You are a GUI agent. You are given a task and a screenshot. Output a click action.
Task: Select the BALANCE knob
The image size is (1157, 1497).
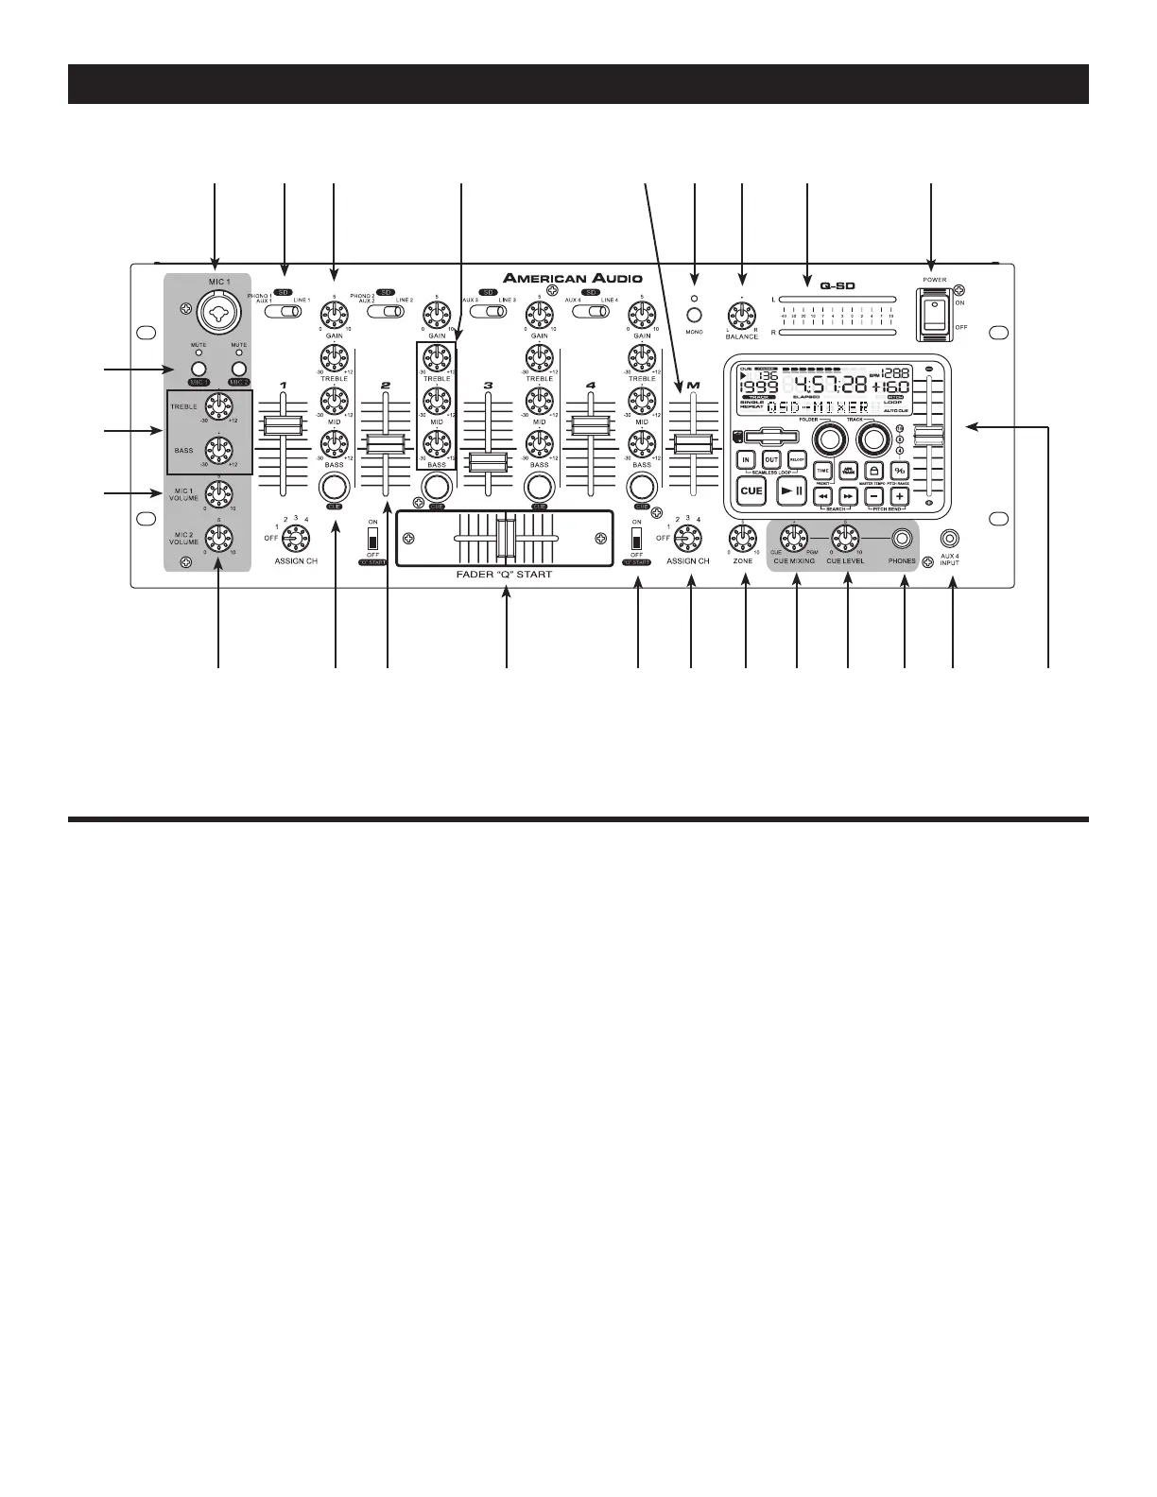click(742, 314)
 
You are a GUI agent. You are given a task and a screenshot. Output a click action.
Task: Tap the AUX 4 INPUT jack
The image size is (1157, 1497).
click(951, 539)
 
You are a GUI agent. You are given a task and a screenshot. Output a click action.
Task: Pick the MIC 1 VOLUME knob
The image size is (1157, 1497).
click(218, 491)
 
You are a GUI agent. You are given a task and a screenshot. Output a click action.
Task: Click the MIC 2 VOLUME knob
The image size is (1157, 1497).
click(218, 537)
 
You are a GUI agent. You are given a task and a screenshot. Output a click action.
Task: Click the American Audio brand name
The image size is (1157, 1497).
click(573, 278)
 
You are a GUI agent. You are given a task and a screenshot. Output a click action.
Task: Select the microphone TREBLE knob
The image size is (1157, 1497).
click(219, 404)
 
